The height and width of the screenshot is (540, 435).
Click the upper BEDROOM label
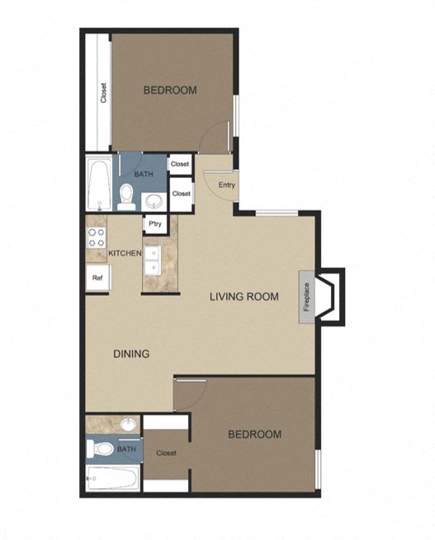(x=170, y=90)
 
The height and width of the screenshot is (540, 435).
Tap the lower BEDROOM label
(x=254, y=434)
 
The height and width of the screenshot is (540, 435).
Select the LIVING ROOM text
(x=244, y=297)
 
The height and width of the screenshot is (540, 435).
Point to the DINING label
(x=130, y=355)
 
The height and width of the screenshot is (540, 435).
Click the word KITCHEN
(x=125, y=253)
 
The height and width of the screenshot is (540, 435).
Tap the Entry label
(x=227, y=185)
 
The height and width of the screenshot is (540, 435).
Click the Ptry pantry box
(x=154, y=223)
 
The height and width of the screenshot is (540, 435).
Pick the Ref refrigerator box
(x=97, y=278)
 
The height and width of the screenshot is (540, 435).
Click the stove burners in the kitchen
(x=96, y=240)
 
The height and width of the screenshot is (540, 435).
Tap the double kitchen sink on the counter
(x=153, y=261)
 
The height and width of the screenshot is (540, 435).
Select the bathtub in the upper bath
(x=99, y=185)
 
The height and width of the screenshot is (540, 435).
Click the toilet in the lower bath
(x=102, y=449)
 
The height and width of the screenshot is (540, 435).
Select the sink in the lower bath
(x=127, y=425)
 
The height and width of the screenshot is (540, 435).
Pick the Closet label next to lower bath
(x=166, y=453)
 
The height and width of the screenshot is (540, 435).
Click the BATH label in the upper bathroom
(x=143, y=174)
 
